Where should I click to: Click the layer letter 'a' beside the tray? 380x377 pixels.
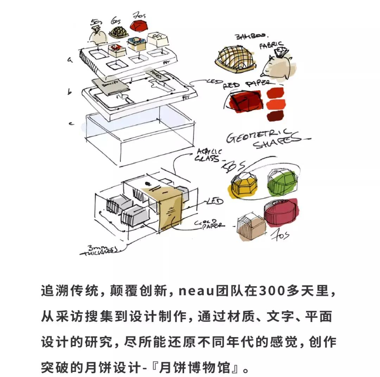coord(70,61)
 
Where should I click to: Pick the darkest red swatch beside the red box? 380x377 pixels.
coord(275,116)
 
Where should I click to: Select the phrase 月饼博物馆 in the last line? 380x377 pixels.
coord(199,368)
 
